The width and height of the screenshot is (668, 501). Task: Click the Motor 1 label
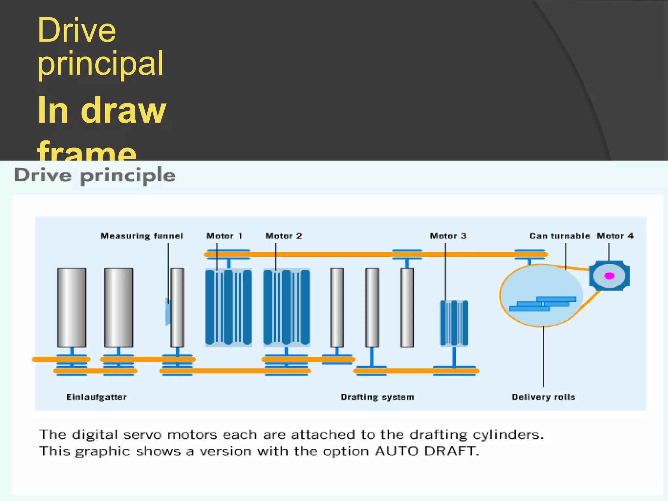[224, 236]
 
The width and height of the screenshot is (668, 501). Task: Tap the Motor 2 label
[284, 236]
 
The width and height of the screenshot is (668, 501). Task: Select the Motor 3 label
[448, 236]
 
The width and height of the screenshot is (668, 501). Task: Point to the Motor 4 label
[615, 236]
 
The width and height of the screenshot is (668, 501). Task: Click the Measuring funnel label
[142, 236]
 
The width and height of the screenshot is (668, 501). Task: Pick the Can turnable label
[560, 236]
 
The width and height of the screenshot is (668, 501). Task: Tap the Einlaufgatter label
[97, 397]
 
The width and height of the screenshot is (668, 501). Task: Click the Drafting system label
[377, 397]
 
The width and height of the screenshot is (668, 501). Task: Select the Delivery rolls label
[543, 397]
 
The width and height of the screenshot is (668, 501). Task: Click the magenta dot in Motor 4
[609, 276]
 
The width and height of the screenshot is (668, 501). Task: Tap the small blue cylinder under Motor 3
[454, 323]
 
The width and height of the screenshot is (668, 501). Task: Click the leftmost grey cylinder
[72, 307]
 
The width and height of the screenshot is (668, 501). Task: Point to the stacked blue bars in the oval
[543, 304]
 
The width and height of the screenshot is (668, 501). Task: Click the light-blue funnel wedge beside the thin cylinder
[168, 311]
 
